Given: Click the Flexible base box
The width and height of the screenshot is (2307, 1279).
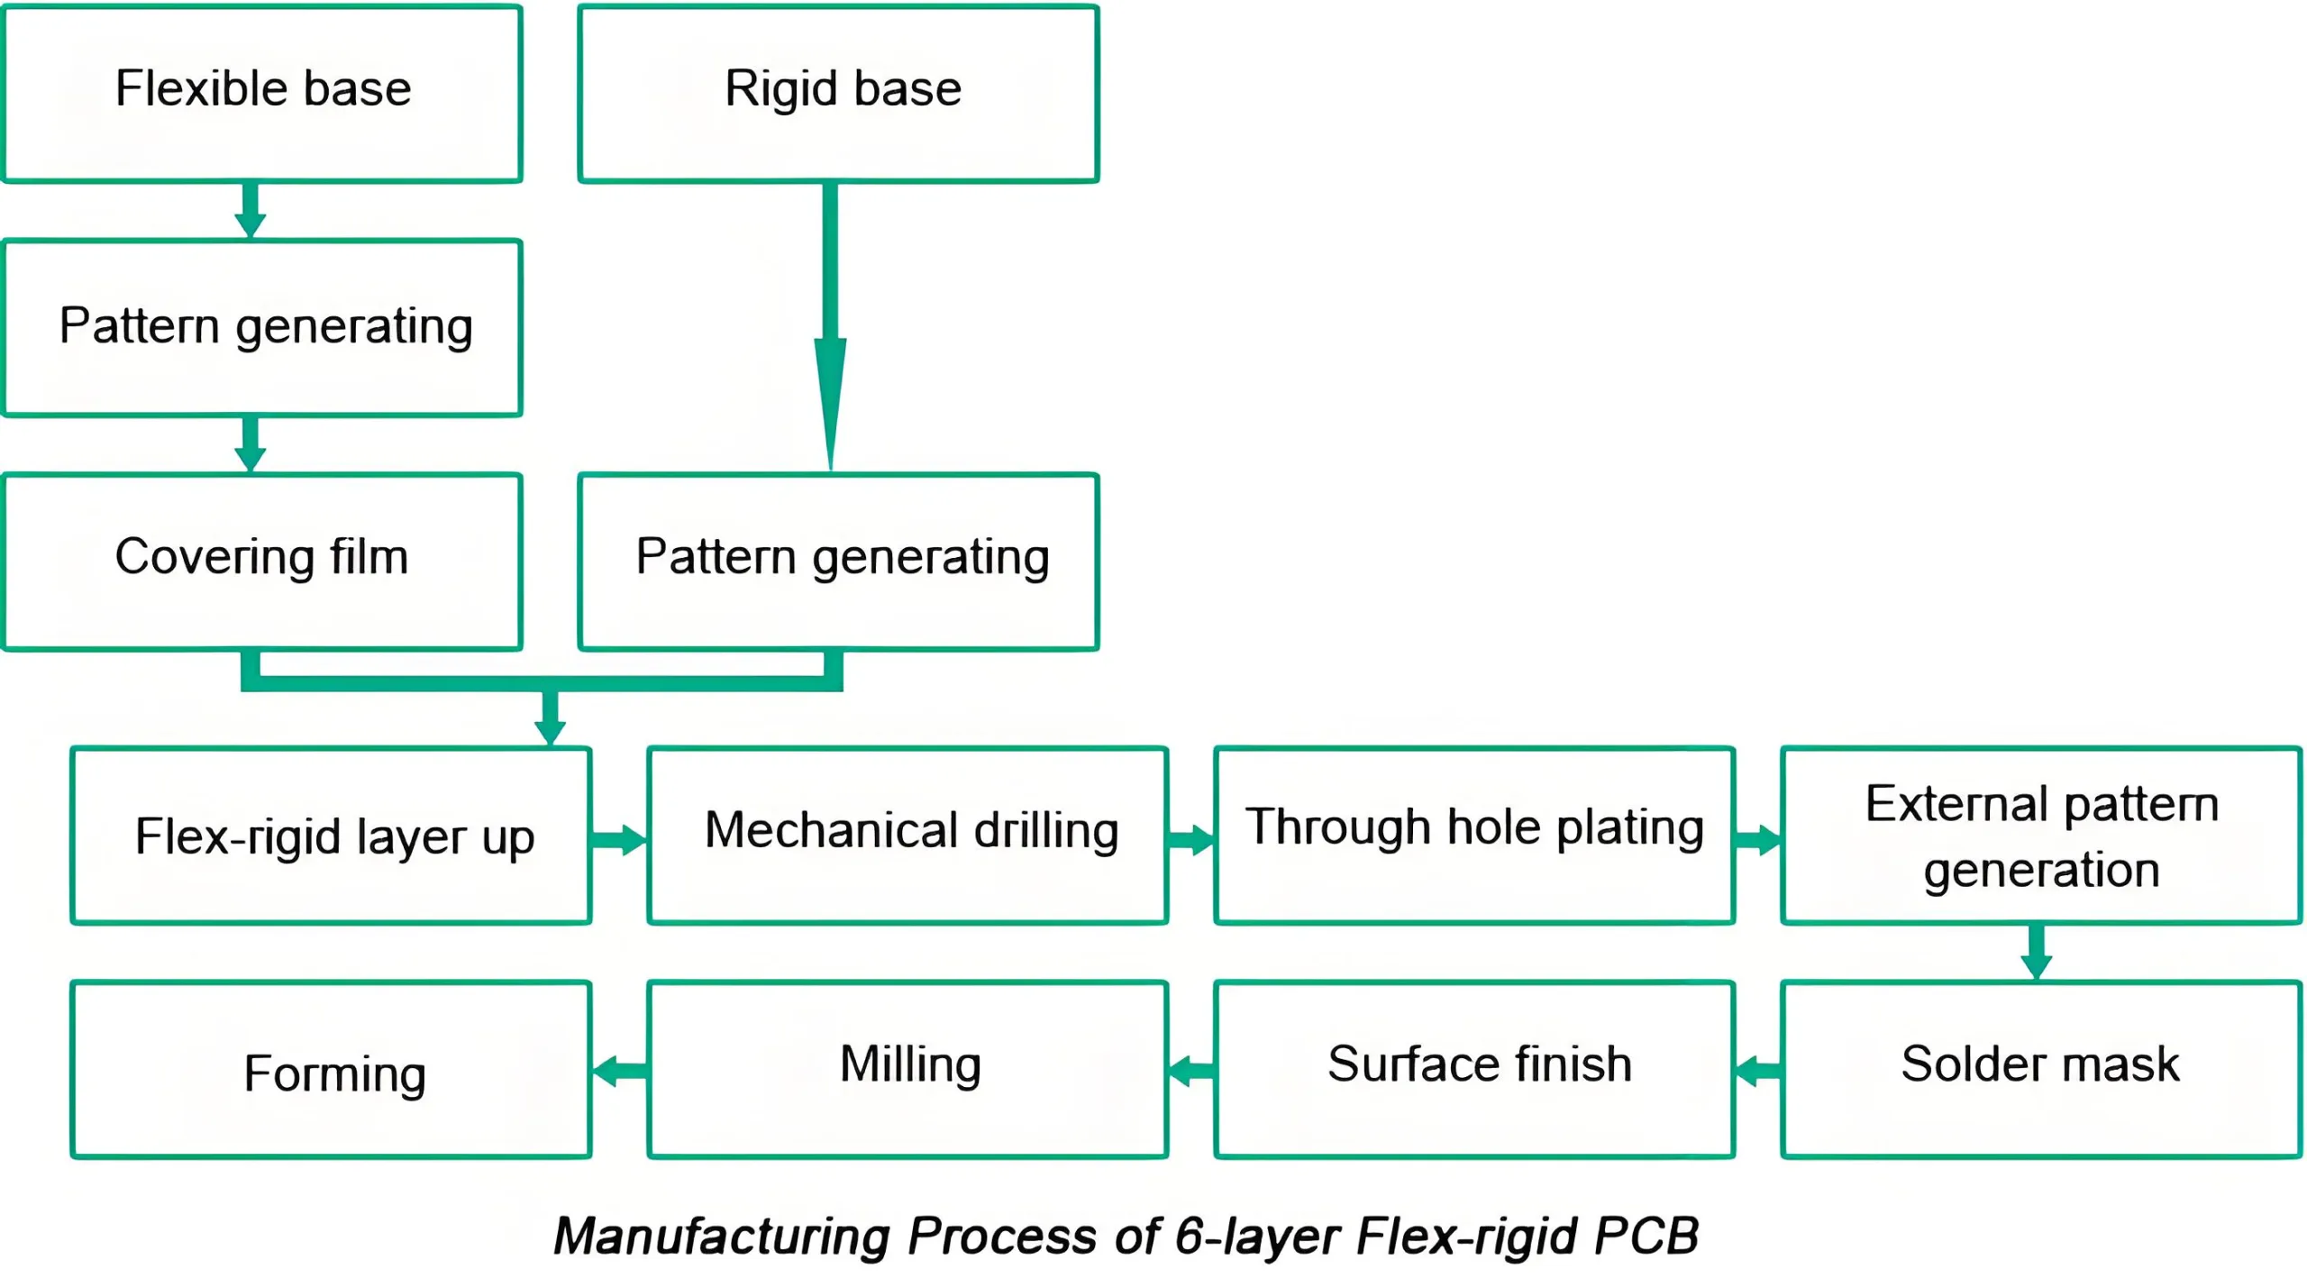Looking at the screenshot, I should coord(262,94).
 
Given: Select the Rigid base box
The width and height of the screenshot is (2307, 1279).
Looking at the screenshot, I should coord(838,94).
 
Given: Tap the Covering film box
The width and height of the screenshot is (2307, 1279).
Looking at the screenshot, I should coord(262,561).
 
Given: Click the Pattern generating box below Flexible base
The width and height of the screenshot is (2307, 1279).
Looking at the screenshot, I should coord(262,327).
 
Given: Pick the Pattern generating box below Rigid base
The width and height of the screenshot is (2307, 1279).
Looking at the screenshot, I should coord(838,561).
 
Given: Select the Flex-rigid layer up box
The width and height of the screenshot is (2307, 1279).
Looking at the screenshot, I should coord(331,835).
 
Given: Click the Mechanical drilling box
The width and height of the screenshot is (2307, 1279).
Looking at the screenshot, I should coord(907,835).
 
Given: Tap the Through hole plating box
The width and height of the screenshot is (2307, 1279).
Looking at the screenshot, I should coord(1474,835).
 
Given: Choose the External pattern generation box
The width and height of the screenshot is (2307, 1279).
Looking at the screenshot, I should coord(2040,835).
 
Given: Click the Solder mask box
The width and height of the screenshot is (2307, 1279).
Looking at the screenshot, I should coord(2040,1069).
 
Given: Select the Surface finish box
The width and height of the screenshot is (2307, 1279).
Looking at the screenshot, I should coord(1474,1069).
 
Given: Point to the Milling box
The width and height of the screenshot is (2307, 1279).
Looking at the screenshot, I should coord(907,1069).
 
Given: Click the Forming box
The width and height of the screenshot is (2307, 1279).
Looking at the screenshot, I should coord(331,1069).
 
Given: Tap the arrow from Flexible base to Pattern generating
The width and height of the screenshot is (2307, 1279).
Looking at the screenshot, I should coord(251,210).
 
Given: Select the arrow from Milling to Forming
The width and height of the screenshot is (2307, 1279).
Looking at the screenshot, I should coord(619,1071).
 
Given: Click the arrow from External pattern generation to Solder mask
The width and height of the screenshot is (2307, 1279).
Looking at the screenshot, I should coord(2037,952).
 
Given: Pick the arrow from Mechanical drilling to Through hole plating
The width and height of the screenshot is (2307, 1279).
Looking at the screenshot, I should coord(1190,839).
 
